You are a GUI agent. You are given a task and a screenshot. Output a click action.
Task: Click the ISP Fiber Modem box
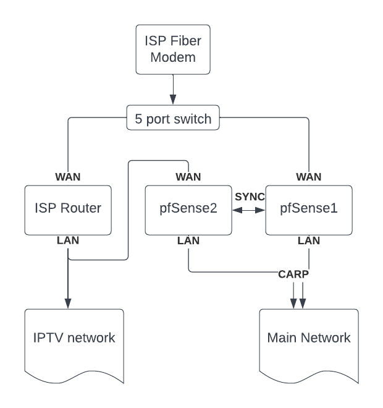tap(173, 50)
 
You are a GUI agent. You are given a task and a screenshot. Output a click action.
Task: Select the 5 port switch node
tap(173, 118)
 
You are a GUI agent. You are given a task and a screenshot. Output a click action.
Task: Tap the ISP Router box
tap(68, 210)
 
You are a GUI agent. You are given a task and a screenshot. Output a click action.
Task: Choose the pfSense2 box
tap(188, 210)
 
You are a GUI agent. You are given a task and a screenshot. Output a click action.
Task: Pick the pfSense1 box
tap(309, 210)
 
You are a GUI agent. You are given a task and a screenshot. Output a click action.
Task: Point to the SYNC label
tap(250, 197)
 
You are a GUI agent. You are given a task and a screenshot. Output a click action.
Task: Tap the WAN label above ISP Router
tap(68, 177)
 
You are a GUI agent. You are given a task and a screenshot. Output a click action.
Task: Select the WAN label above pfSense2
tap(188, 177)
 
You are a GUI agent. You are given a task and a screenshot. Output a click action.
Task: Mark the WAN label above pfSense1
tap(309, 177)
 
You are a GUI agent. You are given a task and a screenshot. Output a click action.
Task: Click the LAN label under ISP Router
tap(68, 240)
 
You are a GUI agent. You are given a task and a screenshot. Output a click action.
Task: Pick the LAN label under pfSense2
tap(188, 240)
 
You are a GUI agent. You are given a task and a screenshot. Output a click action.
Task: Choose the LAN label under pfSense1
tap(309, 240)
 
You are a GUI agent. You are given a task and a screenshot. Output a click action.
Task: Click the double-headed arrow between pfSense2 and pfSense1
tap(250, 210)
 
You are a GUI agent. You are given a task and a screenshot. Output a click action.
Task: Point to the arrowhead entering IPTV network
tap(68, 304)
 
